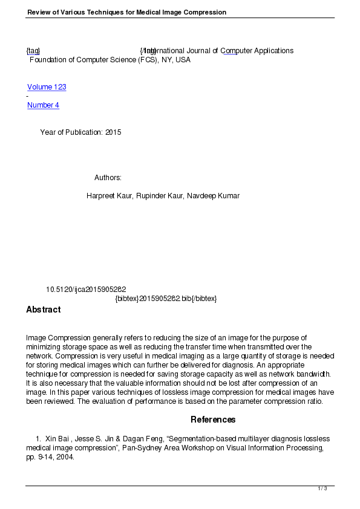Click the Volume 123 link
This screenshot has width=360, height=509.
[x=47, y=87]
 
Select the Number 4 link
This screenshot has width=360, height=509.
[x=43, y=105]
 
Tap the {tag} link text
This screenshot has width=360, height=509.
[x=33, y=51]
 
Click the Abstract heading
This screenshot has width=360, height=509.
[x=43, y=310]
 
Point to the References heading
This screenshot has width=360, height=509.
[x=213, y=420]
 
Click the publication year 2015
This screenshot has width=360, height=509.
[x=113, y=132]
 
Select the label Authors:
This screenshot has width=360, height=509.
[x=108, y=178]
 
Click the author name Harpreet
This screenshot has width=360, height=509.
[x=102, y=196]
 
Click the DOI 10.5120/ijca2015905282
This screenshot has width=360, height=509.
[x=86, y=290]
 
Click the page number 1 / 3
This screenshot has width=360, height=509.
[x=322, y=488]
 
